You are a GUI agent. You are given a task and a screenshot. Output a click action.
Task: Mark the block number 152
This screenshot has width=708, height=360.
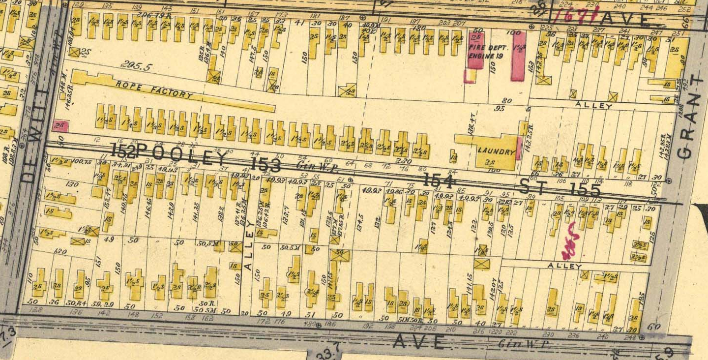[x=123, y=150]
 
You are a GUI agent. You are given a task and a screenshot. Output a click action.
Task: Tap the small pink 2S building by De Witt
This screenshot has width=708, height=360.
[x=61, y=125]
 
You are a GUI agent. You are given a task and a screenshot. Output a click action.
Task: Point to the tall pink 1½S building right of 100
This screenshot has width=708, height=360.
[x=518, y=56]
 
